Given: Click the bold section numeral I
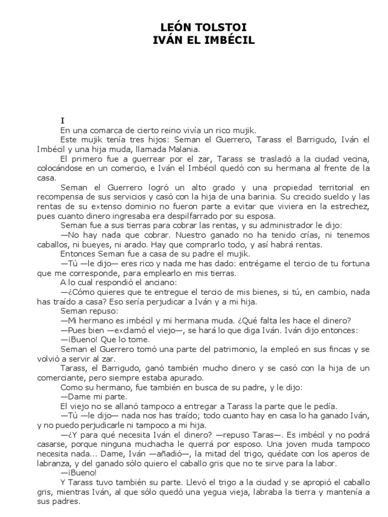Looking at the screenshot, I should pyautogui.click(x=63, y=121).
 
